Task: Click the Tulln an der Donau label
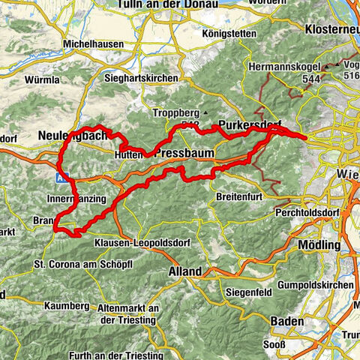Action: [x=166, y=4]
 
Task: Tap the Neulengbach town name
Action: [x=67, y=135]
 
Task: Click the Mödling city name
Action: [x=318, y=246]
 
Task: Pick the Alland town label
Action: [x=184, y=271]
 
